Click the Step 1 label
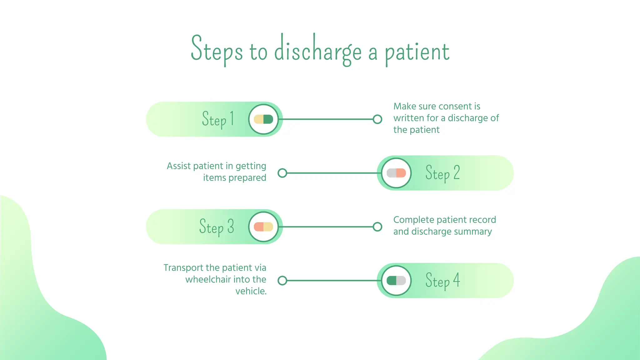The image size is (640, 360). click(218, 119)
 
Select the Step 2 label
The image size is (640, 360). click(442, 173)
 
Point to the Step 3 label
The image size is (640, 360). click(217, 227)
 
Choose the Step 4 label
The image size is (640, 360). click(442, 281)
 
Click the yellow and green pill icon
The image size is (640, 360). click(263, 119)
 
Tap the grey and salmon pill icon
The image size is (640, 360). click(396, 173)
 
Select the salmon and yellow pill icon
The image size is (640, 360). click(263, 227)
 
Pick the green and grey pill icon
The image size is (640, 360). click(396, 281)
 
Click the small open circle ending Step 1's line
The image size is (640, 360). click(377, 119)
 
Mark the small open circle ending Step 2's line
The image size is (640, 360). click(282, 173)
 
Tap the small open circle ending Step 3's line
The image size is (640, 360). click(377, 227)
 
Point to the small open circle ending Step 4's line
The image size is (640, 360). click(282, 281)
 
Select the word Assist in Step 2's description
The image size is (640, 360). click(178, 166)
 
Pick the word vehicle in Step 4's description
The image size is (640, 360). click(250, 291)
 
